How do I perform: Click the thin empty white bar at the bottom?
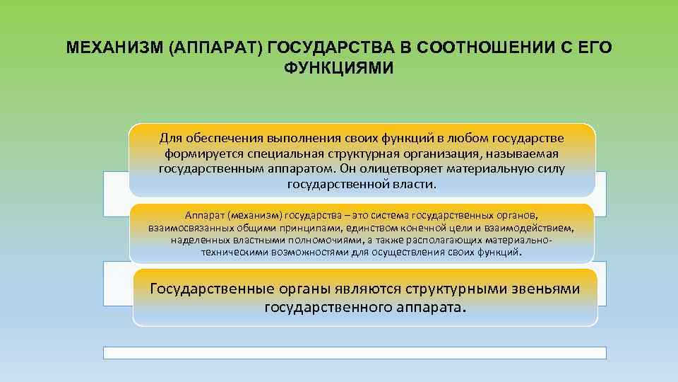pos(355,352)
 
